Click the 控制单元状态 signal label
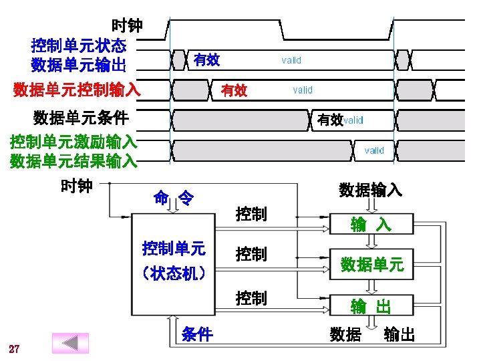[x=79, y=46]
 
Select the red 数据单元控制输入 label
[x=77, y=89]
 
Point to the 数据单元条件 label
[x=81, y=119]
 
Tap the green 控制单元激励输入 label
[x=73, y=142]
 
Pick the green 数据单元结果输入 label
[x=73, y=161]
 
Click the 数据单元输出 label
[x=79, y=65]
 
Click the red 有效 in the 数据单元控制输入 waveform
[x=234, y=90]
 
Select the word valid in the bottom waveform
[x=374, y=150]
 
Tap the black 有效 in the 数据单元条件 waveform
[x=329, y=120]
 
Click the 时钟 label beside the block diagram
[x=77, y=186]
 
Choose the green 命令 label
[x=174, y=198]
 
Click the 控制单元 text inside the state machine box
[x=174, y=249]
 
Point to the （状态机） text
[x=174, y=273]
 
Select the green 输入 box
[x=371, y=225]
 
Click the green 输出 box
[x=371, y=307]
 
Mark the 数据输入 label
[x=370, y=190]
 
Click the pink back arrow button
[x=70, y=343]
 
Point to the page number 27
[x=14, y=349]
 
